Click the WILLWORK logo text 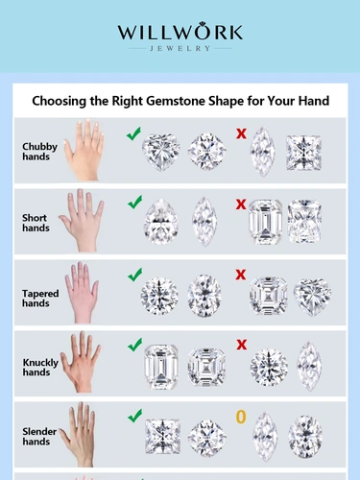180,32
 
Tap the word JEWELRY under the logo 180,49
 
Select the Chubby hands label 39,152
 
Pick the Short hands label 36,223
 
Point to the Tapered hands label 40,299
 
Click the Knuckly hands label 40,367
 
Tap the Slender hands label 39,437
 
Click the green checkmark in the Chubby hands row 133,133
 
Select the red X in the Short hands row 241,204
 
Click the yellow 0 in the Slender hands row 241,417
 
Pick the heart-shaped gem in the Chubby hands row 160,152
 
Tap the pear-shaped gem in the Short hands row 160,222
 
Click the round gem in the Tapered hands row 159,296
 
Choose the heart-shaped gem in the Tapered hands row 312,297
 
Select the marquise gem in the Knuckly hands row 309,366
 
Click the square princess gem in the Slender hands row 162,437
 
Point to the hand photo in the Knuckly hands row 81,362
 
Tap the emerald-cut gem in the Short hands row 266,222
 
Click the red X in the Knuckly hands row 242,345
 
